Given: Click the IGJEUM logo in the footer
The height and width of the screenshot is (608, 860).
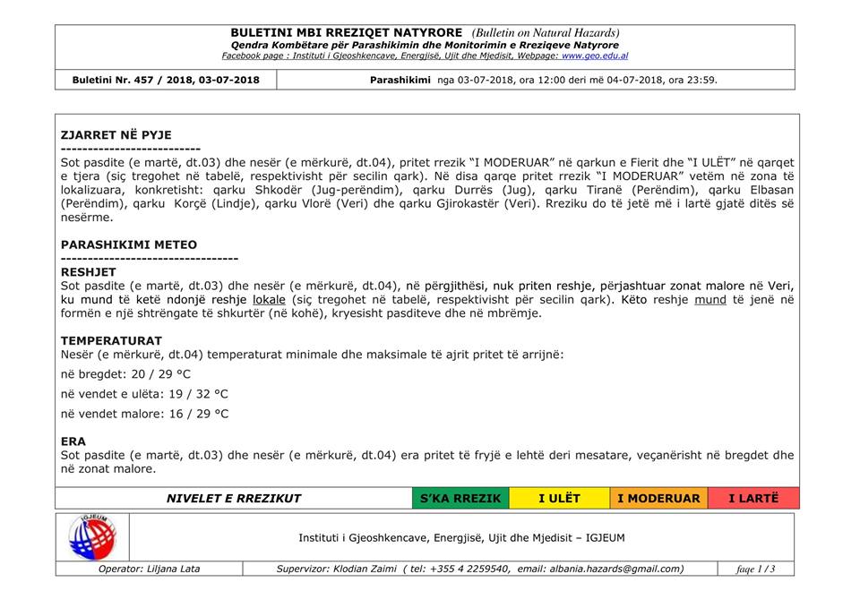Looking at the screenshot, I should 91,537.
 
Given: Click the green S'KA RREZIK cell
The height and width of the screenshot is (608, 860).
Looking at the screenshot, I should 460,499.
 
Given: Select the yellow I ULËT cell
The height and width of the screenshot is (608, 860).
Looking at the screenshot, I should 559,499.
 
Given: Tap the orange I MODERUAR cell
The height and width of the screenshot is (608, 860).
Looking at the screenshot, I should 658,499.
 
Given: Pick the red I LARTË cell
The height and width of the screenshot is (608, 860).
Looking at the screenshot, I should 752,499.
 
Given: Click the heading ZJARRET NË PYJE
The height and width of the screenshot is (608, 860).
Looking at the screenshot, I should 116,135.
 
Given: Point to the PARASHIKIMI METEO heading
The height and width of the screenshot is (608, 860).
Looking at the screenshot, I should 129,244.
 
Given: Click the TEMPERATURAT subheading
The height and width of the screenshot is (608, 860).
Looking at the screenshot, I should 111,340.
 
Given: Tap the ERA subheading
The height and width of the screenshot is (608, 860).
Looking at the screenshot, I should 73,441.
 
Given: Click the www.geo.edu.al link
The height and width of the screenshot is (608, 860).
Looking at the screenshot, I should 595,56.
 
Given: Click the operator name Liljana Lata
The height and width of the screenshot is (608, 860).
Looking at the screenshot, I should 173,569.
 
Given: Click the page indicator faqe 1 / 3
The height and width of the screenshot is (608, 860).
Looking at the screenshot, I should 755,569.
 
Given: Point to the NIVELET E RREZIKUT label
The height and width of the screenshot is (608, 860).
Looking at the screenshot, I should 234,499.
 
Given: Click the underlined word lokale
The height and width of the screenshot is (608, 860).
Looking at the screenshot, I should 270,299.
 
